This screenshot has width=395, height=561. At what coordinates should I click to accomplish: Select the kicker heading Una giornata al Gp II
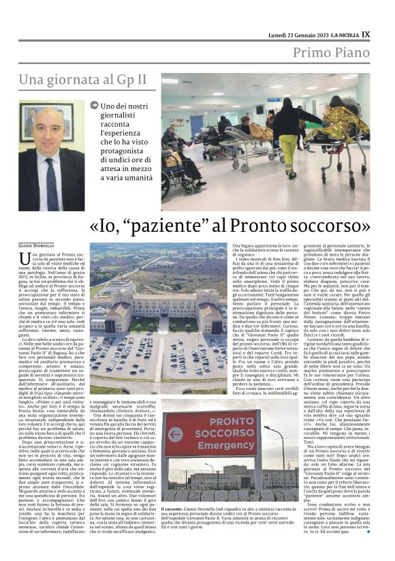point(82,80)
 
